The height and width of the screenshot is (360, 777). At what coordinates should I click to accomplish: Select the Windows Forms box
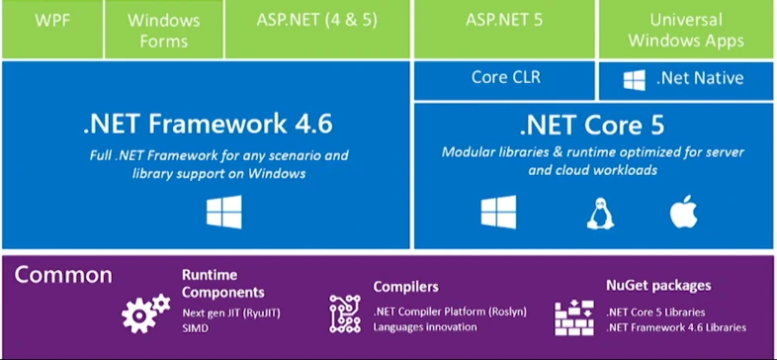(163, 29)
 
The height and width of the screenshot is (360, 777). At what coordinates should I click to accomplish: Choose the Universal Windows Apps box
(686, 29)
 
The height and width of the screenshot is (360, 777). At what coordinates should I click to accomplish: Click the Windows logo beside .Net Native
(635, 80)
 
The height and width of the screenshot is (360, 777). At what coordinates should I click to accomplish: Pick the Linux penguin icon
(597, 212)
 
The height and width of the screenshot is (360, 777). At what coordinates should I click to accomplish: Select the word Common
(63, 275)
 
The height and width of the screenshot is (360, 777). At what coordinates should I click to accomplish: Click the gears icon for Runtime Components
(144, 313)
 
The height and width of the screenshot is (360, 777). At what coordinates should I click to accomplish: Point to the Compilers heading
(405, 287)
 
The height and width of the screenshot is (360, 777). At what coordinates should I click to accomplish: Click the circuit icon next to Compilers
(345, 313)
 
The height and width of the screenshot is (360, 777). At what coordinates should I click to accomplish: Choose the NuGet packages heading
(657, 286)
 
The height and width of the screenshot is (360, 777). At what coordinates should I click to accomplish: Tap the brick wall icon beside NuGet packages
(572, 315)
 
